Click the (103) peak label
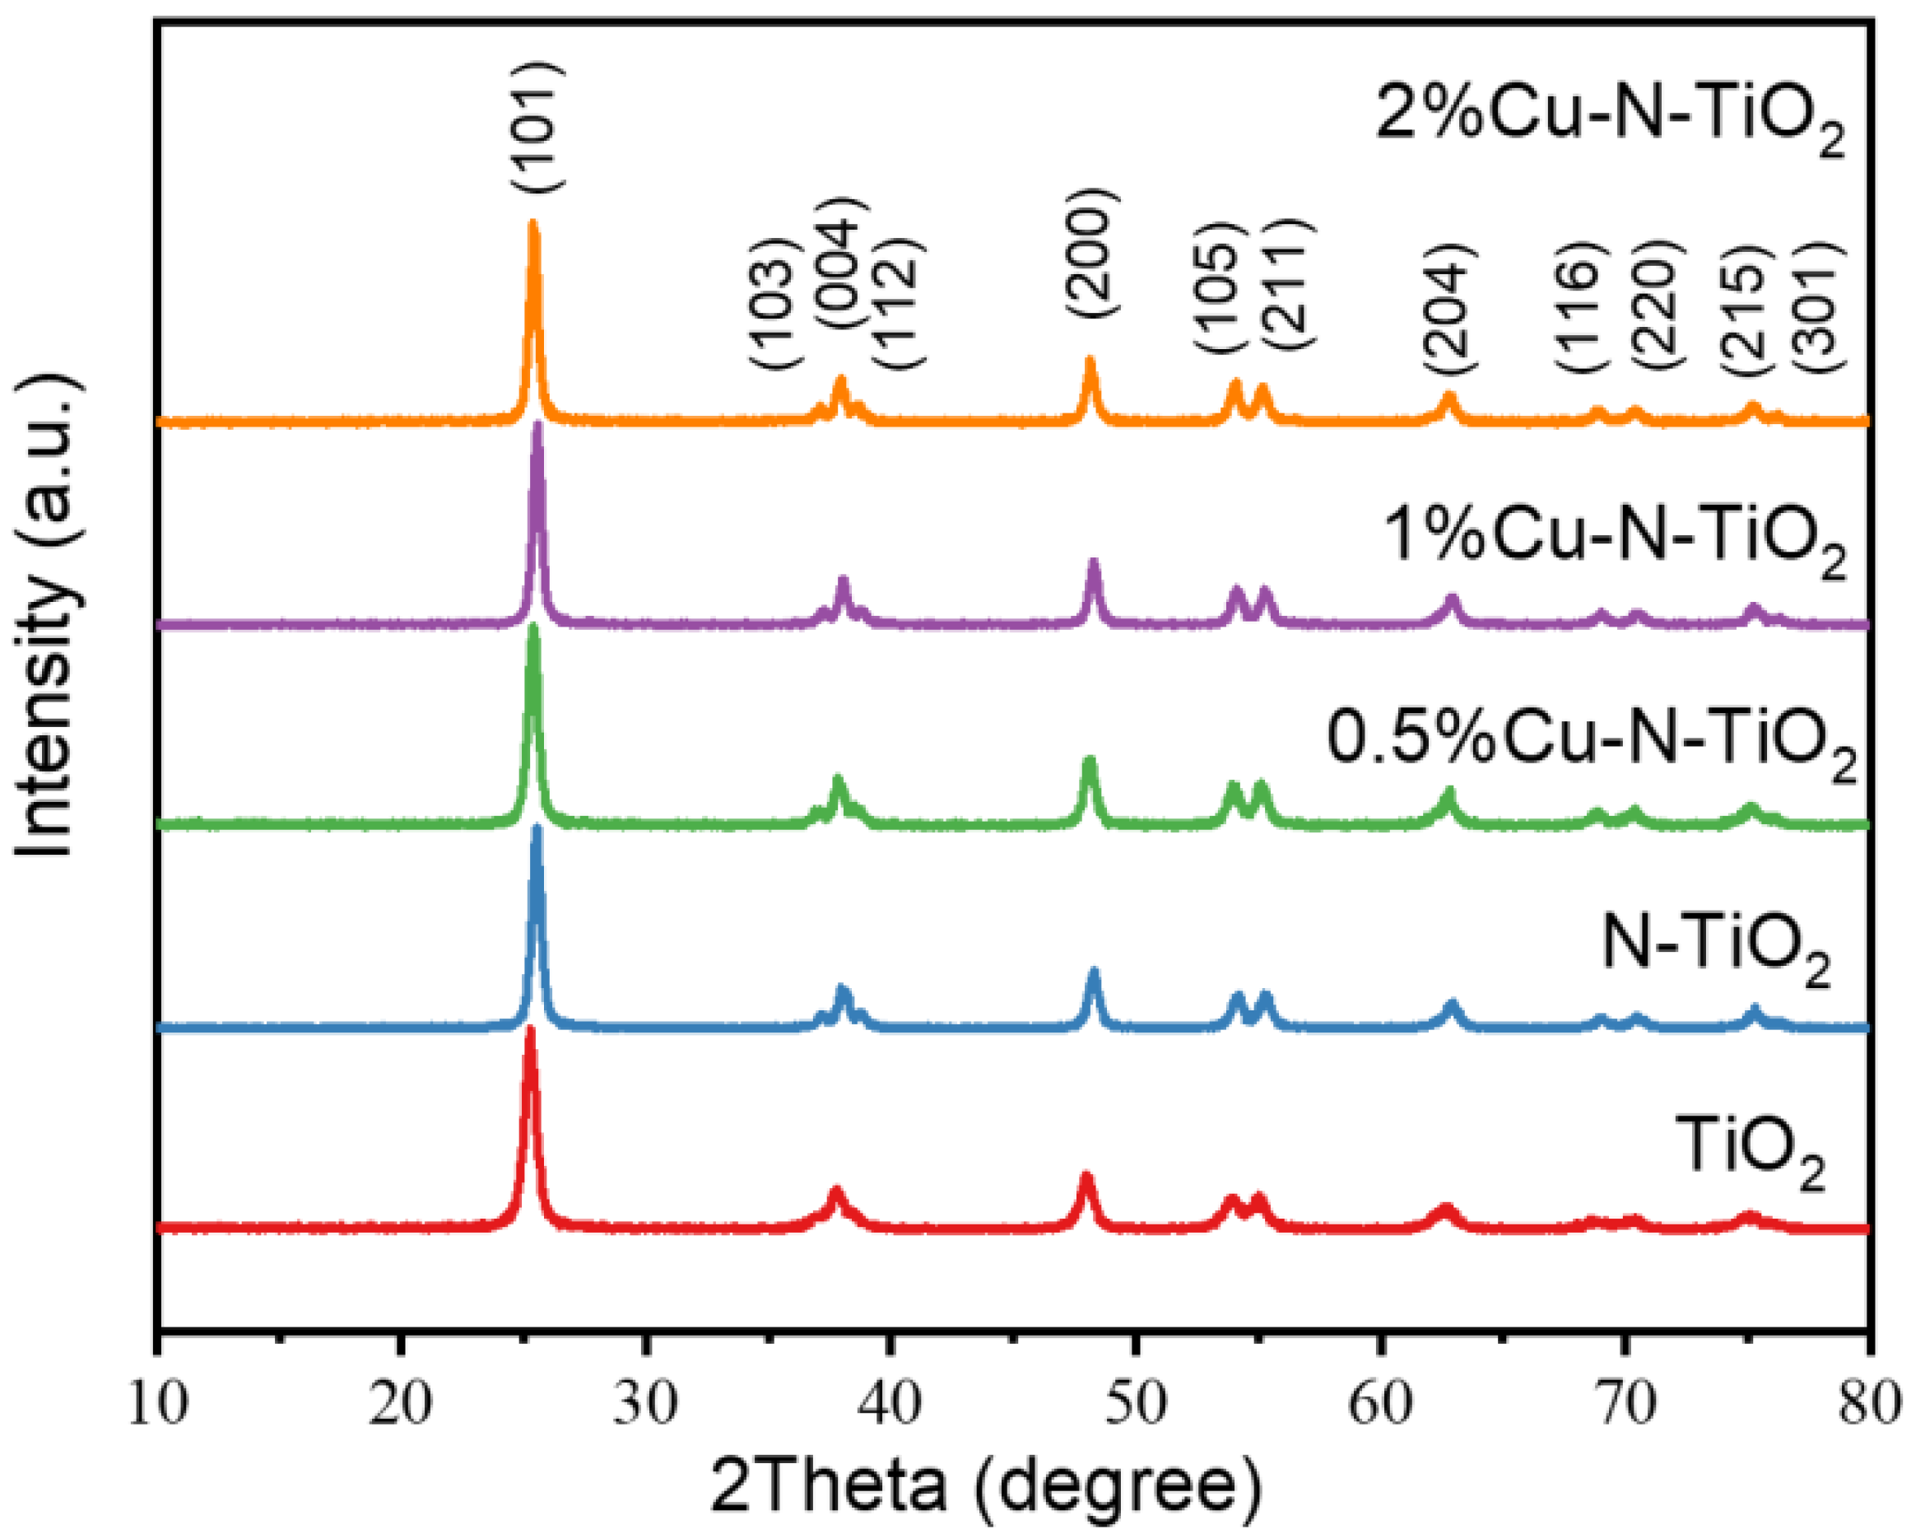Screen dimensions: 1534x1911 click(774, 304)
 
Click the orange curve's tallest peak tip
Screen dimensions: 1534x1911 click(532, 223)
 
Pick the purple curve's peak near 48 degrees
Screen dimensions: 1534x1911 click(1094, 563)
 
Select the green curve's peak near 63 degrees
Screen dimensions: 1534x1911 click(1450, 790)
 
